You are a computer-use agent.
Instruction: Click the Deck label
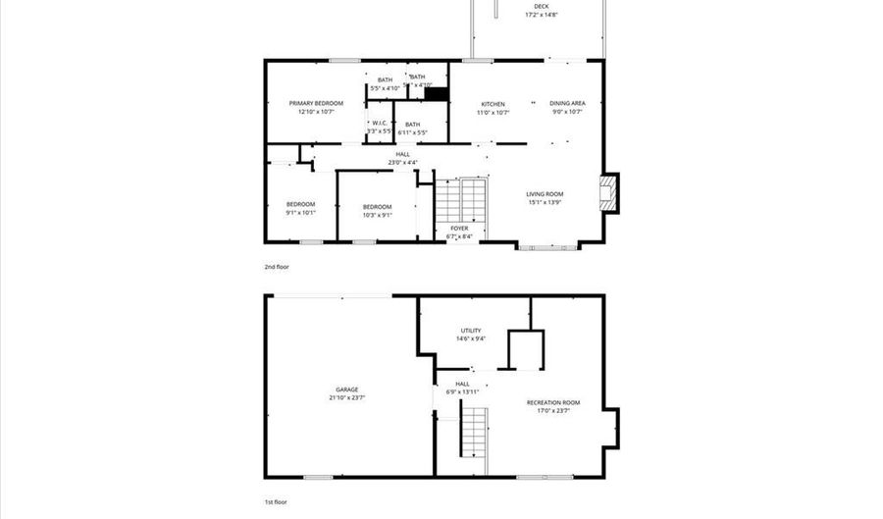click(541, 7)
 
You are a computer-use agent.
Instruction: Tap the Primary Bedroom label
click(316, 103)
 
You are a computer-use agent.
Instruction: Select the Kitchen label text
click(493, 103)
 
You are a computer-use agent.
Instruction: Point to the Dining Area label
click(567, 103)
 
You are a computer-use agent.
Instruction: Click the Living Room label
click(544, 194)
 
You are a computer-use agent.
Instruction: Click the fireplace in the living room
click(609, 192)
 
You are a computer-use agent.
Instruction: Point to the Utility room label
click(471, 331)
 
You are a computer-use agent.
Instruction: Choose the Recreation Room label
click(553, 403)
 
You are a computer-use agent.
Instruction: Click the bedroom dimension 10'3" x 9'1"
click(378, 215)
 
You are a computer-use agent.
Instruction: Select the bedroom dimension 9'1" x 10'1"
click(300, 212)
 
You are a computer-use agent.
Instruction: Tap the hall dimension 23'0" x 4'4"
click(402, 162)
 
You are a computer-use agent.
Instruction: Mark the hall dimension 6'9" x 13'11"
click(462, 391)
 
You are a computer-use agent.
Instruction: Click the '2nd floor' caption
click(277, 266)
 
